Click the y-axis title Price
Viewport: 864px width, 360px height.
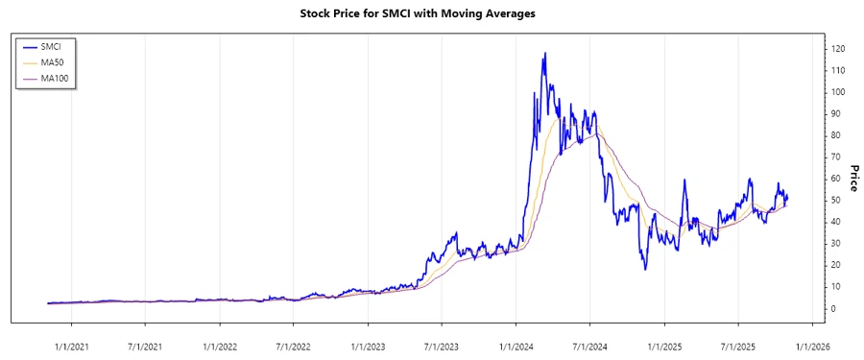[850, 176]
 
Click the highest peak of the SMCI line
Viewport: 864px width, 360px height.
[545, 54]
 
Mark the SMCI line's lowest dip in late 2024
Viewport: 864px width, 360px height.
[645, 268]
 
